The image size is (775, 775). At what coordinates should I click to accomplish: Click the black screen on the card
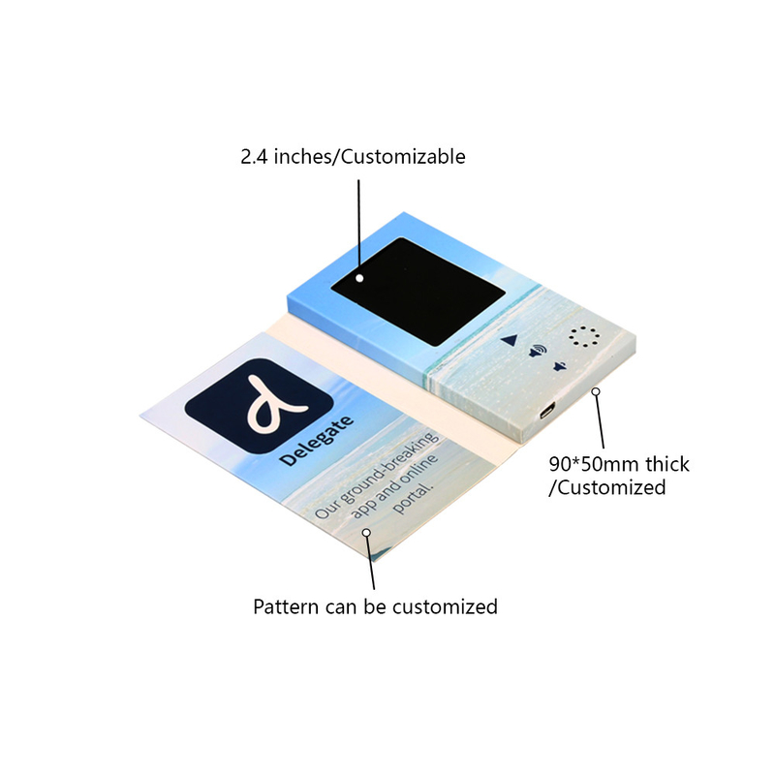pos(418,292)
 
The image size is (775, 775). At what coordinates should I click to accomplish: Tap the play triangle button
pos(510,340)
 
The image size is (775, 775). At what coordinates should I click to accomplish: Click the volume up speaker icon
pos(538,352)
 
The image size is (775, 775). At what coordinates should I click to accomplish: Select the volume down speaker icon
pos(559,367)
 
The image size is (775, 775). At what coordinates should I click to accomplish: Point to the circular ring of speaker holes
pos(584,336)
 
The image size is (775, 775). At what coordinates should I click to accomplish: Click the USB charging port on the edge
pos(547,410)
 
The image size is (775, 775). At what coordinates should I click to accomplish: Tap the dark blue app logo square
pos(259,405)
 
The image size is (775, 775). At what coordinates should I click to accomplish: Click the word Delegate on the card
pos(317,441)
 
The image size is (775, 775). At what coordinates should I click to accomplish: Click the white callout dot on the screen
pos(359,278)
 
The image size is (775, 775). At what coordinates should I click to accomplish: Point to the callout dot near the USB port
pos(596,391)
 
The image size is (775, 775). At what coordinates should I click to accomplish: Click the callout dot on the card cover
pos(366,532)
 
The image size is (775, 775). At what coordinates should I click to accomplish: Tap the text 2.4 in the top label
pos(254,157)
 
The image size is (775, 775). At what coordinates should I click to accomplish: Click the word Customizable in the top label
pos(403,157)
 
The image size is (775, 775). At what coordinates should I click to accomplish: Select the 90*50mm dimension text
pos(594,465)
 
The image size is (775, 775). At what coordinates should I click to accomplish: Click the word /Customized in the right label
pos(607,488)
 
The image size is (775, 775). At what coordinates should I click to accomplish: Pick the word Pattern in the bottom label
pos(286,607)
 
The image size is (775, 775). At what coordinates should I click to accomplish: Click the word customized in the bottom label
pos(445,607)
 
